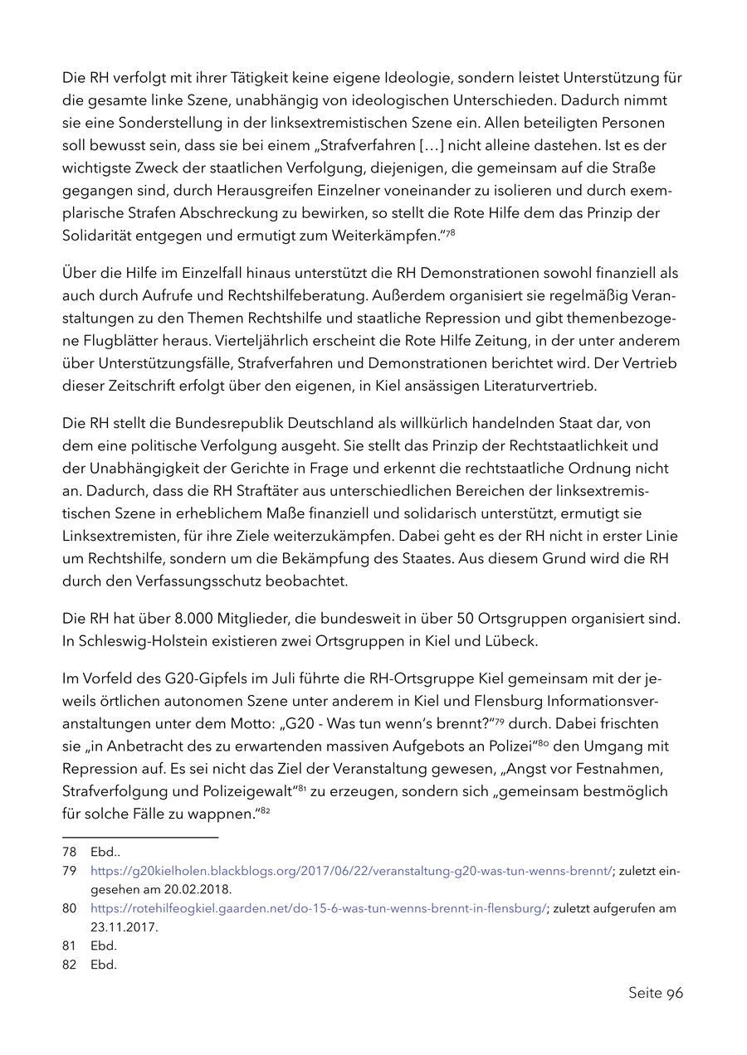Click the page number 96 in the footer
tap(674, 993)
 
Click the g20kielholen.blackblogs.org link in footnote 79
tap(351, 870)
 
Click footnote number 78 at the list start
tap(70, 851)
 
